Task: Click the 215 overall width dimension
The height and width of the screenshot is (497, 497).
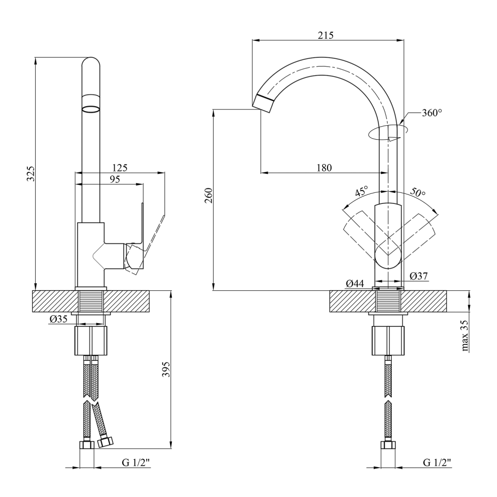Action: (326, 35)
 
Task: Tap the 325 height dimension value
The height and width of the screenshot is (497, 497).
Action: (31, 173)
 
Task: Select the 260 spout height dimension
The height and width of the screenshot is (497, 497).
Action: (209, 196)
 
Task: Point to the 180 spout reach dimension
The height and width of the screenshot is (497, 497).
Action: (324, 167)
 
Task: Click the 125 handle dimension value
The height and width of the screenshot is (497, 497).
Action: (120, 167)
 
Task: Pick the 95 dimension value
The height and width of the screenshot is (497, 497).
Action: (115, 179)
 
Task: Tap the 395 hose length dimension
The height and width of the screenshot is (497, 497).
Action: (166, 369)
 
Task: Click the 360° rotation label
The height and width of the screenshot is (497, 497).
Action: (432, 113)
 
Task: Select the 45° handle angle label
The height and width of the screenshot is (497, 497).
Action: (361, 191)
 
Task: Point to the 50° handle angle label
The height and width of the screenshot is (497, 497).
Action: (418, 192)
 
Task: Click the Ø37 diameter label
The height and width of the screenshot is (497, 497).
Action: (418, 276)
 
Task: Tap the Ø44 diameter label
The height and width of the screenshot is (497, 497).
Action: (355, 283)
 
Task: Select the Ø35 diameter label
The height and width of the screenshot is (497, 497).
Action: (58, 319)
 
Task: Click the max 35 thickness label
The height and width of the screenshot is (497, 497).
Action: (465, 335)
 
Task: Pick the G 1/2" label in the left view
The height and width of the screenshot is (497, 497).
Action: (136, 463)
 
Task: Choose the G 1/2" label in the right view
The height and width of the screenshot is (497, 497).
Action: (437, 463)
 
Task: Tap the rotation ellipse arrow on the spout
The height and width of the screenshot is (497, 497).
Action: (388, 132)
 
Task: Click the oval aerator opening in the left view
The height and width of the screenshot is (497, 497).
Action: (91, 109)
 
